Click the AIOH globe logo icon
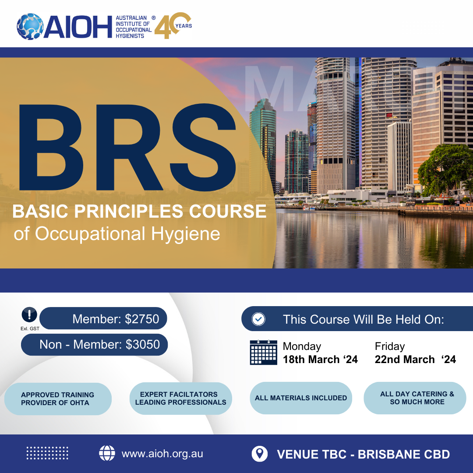point(30,27)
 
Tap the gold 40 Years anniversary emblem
point(173,25)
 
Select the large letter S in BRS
point(203,147)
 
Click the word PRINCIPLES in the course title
point(128,211)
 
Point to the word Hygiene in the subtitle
point(186,234)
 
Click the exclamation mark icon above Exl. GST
point(29,314)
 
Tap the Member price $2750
point(142,319)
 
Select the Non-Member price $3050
point(143,345)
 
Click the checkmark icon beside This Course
point(258,319)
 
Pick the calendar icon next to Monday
point(263,352)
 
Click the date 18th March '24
point(320,359)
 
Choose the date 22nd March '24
point(415,359)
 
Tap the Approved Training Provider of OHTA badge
point(58,399)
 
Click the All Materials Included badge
point(301,398)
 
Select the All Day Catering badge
point(415,398)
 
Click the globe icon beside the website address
point(107,453)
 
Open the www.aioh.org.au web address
point(162,454)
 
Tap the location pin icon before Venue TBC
point(259,454)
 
